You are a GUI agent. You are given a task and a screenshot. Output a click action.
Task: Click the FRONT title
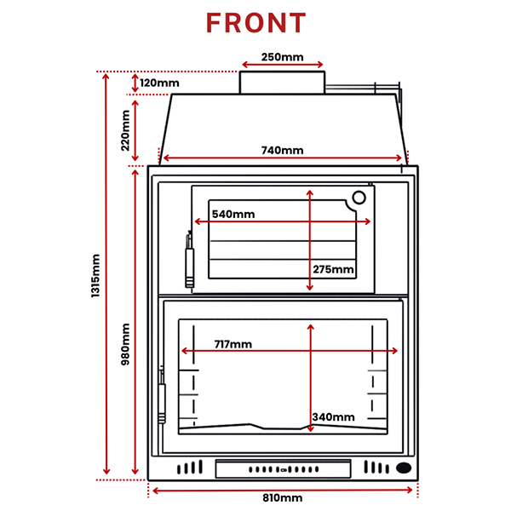tap(256, 23)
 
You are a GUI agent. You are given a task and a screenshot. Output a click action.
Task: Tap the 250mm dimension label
tap(282, 57)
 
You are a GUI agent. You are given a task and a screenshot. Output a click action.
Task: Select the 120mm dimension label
tap(159, 83)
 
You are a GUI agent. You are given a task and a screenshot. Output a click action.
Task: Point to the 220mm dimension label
tap(125, 130)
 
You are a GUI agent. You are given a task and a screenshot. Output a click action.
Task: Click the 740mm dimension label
tap(282, 150)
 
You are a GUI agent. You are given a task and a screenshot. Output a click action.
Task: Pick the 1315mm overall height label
tap(95, 276)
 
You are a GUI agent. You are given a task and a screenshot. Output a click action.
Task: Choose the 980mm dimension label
tap(125, 344)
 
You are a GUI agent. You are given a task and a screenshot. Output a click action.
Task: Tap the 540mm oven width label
tap(233, 214)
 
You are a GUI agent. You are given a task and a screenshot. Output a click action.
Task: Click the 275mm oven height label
tap(333, 269)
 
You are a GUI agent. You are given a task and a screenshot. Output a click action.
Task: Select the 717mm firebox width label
tap(233, 344)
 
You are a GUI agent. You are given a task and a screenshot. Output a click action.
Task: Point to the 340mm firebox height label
tap(333, 416)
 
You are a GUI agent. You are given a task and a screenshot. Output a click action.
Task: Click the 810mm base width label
tap(282, 497)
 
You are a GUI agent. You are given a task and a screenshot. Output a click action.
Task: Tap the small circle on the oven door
tap(359, 198)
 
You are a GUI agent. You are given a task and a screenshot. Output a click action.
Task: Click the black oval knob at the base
tap(404, 468)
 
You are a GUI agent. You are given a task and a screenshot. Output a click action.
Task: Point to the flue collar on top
tap(282, 83)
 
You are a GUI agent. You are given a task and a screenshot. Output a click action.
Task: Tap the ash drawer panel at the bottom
tap(284, 468)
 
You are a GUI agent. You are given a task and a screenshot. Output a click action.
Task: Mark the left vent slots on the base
tap(190, 467)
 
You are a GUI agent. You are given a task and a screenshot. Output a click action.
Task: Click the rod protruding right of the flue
tap(363, 87)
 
